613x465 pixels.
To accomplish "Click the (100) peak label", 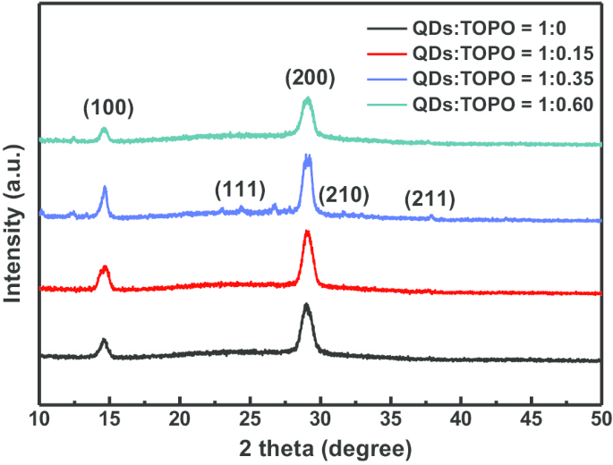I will click(x=107, y=109).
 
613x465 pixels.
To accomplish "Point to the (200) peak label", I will click(x=310, y=78).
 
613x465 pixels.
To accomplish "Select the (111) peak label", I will click(x=240, y=190).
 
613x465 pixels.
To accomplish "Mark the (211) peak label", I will click(x=430, y=199).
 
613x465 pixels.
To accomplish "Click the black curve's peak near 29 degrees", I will click(x=307, y=306).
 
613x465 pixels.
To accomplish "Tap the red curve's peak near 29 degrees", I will click(x=307, y=232).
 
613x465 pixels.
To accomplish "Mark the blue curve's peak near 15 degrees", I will click(x=105, y=187).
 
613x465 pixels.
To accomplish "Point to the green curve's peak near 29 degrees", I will click(x=308, y=98).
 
